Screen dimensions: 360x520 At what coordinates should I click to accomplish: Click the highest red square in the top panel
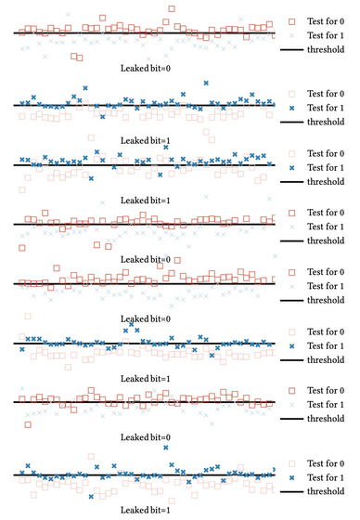coord(172,8)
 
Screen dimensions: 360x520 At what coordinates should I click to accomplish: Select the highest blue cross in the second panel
coord(206,83)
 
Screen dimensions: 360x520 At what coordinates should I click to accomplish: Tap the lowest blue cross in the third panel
coord(91,178)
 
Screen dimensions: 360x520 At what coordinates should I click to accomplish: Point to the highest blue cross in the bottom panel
coord(166,448)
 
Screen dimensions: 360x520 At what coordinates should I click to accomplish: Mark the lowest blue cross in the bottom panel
coord(91,497)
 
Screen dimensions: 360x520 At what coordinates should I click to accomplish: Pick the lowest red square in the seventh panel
coord(28,424)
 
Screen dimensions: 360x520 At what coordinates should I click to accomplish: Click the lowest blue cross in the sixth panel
coord(212,355)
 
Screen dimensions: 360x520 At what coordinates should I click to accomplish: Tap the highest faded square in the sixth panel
coord(28,317)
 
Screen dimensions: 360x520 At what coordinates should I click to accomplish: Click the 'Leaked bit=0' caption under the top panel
coord(145,69)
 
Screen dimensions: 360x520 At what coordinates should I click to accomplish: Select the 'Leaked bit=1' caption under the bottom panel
coord(145,510)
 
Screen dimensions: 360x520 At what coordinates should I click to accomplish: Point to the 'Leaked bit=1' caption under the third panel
coord(145,201)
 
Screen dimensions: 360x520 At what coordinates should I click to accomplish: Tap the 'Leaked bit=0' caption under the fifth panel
coord(145,319)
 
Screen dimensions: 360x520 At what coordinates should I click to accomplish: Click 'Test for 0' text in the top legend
coord(326,21)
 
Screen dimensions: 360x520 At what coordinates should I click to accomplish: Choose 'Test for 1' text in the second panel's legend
coord(326,108)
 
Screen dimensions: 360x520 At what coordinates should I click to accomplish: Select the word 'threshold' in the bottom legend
coord(326,491)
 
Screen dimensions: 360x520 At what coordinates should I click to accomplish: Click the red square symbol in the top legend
coord(291,21)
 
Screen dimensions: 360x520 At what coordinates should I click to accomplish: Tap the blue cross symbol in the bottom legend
coord(291,478)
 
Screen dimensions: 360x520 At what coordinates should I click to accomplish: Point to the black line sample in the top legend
coord(291,50)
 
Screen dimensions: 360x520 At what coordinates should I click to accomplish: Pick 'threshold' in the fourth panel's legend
coord(326,240)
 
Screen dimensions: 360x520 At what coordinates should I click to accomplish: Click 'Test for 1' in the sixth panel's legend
coord(326,345)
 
